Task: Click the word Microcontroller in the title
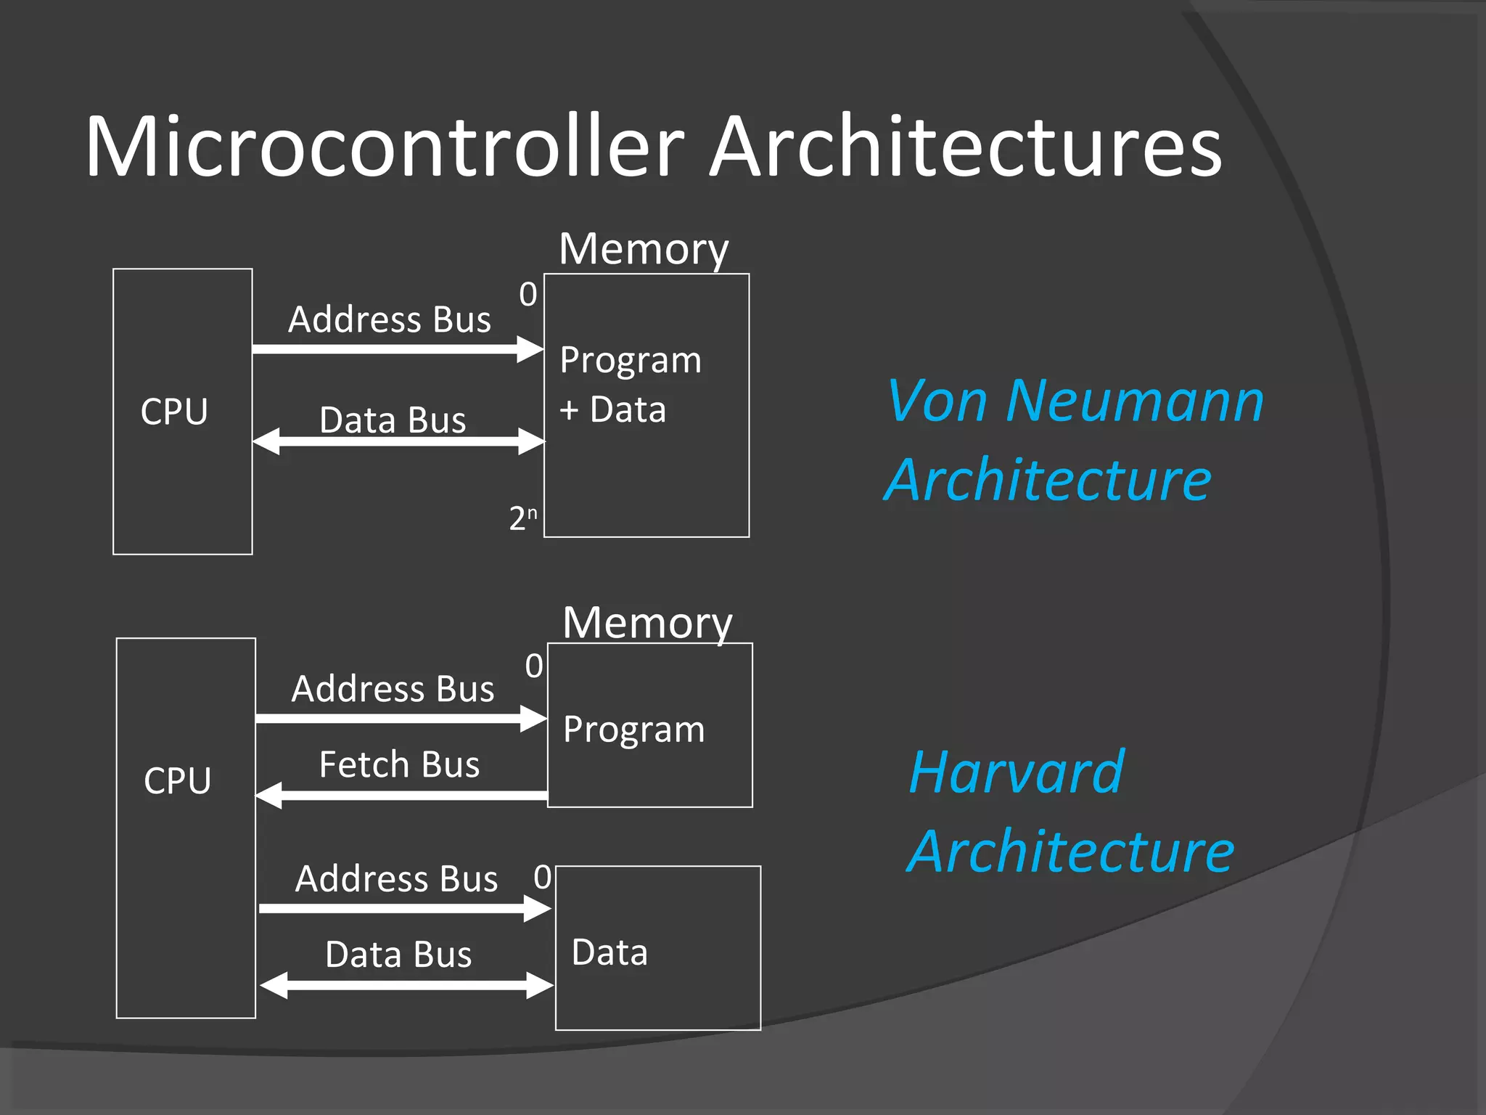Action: pyautogui.click(x=385, y=147)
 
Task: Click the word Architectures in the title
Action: pyautogui.click(x=965, y=147)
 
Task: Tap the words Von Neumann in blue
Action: pyautogui.click(x=1075, y=401)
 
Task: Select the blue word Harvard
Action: pyautogui.click(x=1016, y=772)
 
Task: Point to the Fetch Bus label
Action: pyautogui.click(x=399, y=764)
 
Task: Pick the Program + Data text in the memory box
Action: pyautogui.click(x=630, y=385)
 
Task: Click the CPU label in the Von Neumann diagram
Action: pyautogui.click(x=174, y=412)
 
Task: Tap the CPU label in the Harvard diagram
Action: pyautogui.click(x=177, y=781)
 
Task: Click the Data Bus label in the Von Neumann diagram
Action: pyautogui.click(x=393, y=420)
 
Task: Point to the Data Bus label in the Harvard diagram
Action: pyautogui.click(x=398, y=954)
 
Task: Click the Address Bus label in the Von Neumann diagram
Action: pyautogui.click(x=390, y=319)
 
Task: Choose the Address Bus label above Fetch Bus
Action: pyautogui.click(x=393, y=689)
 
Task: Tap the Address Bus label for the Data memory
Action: pyautogui.click(x=396, y=878)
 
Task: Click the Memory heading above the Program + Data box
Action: pyautogui.click(x=644, y=250)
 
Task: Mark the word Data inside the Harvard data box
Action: pyautogui.click(x=609, y=952)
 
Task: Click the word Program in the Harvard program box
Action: pyautogui.click(x=633, y=730)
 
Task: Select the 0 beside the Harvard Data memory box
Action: pyautogui.click(x=542, y=877)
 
